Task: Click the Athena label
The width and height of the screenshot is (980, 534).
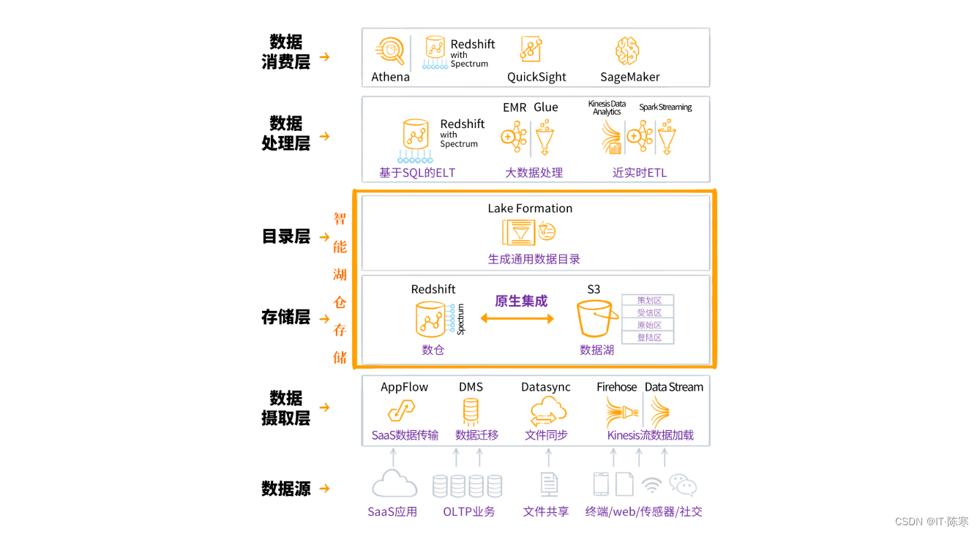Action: pos(390,77)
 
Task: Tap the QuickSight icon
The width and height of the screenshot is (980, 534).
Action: pos(531,49)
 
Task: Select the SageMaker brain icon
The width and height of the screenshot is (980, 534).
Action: pos(627,51)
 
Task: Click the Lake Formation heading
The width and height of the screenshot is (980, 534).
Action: pos(530,208)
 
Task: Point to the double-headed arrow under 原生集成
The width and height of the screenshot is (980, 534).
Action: pos(517,318)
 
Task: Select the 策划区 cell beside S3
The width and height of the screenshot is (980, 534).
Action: pos(648,301)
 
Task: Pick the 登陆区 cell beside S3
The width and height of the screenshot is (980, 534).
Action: pos(648,337)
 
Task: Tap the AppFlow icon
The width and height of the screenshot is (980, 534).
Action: pos(401,410)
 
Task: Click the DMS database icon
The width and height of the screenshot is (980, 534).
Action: pos(471,410)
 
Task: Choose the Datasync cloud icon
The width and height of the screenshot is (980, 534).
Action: pos(547,411)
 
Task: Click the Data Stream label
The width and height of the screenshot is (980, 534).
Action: pos(673,387)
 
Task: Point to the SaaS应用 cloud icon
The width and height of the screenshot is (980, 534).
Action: pos(394,485)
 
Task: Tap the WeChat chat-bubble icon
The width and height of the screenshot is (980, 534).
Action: pos(682,485)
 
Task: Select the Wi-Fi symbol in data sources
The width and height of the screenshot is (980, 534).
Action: pos(651,485)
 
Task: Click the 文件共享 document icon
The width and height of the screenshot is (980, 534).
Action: pos(548,484)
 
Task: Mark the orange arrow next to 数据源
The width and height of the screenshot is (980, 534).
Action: pos(325,489)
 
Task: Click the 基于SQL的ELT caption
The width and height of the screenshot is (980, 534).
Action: pos(417,173)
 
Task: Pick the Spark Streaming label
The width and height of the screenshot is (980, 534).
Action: pos(665,108)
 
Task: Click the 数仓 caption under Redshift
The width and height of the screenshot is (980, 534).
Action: pos(433,350)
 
